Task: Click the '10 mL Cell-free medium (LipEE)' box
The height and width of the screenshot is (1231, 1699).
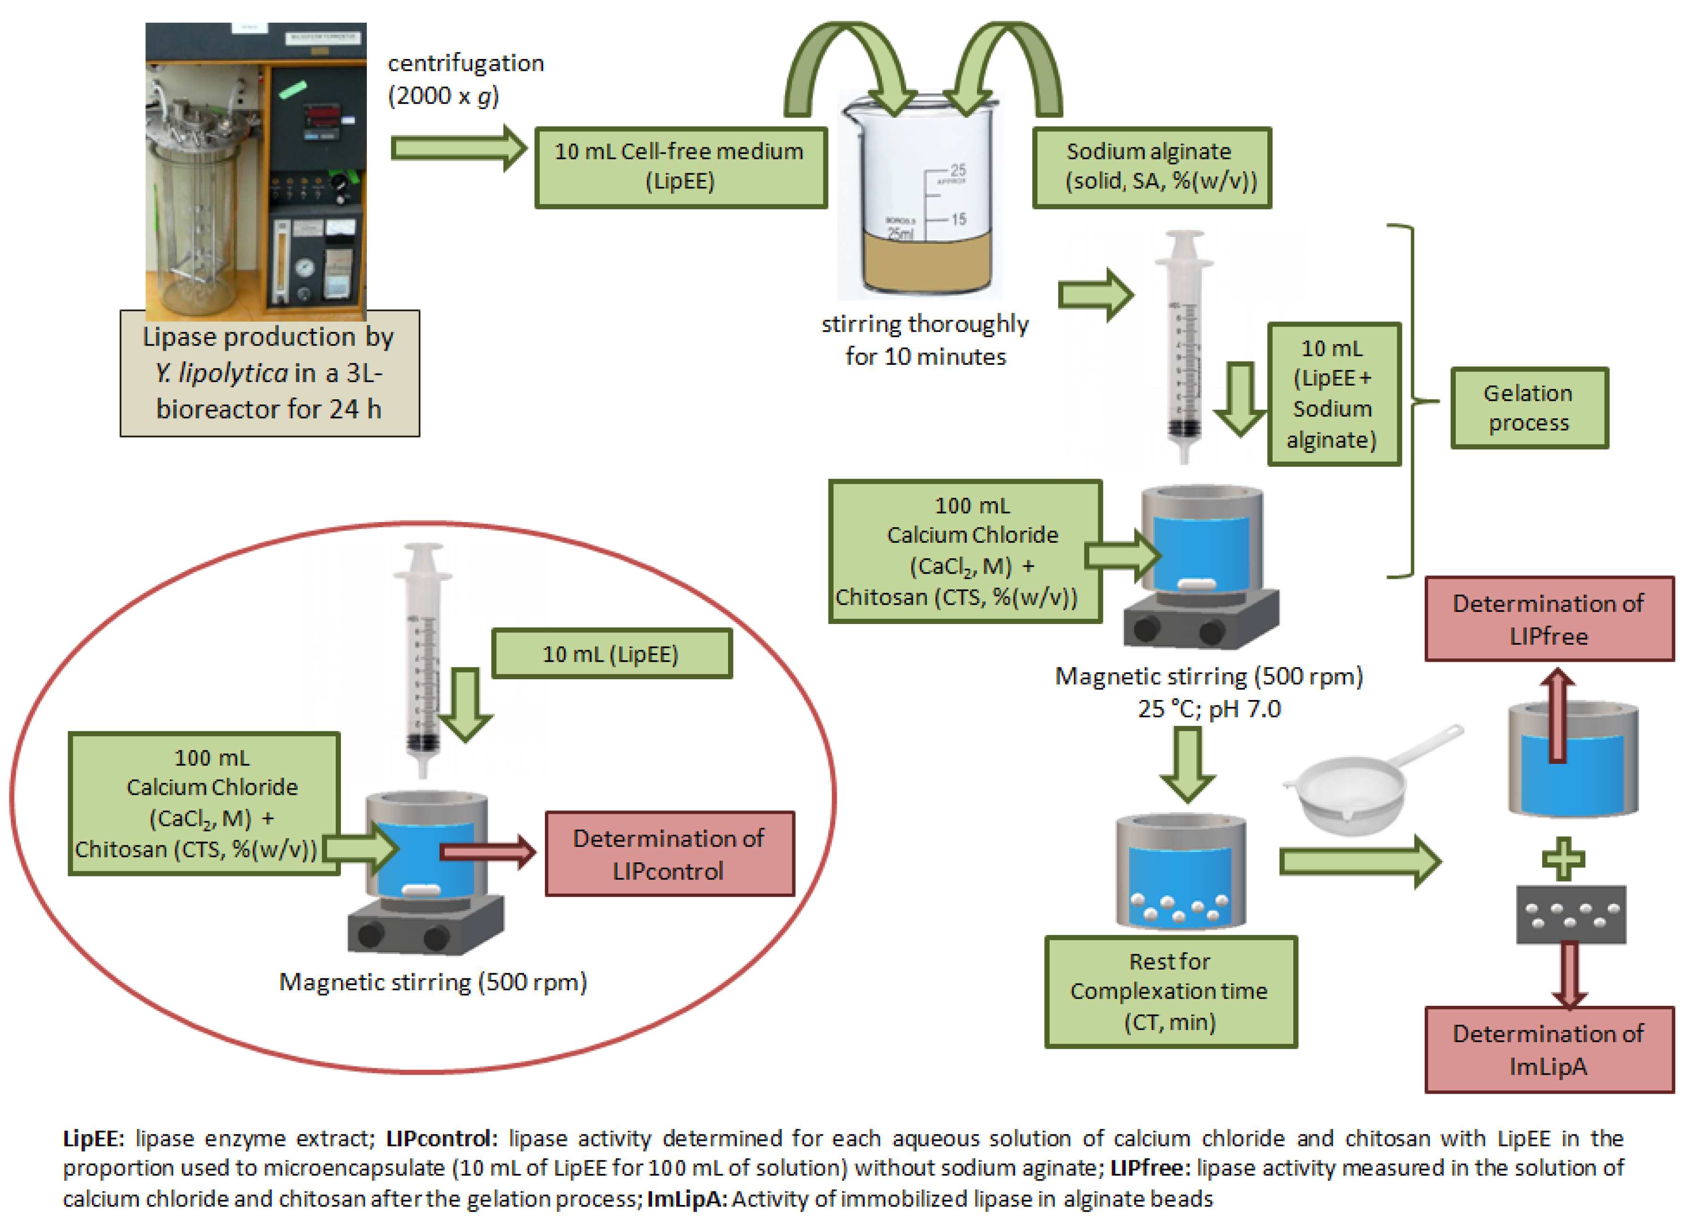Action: point(680,167)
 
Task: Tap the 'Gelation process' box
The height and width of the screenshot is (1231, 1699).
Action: point(1529,408)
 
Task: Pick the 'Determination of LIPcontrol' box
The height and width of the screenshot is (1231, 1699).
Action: point(669,853)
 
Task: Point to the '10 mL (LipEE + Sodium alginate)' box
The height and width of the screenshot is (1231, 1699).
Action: point(1334,394)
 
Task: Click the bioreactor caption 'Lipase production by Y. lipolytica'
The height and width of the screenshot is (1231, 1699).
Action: point(270,373)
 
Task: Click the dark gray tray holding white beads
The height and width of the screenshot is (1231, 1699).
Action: point(1571,914)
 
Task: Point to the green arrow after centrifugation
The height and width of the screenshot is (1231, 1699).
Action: point(459,148)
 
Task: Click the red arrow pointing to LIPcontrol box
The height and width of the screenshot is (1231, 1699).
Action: point(488,852)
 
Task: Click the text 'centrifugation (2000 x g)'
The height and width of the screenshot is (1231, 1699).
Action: point(465,79)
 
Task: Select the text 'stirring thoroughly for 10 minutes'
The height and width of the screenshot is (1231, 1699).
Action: point(925,340)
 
